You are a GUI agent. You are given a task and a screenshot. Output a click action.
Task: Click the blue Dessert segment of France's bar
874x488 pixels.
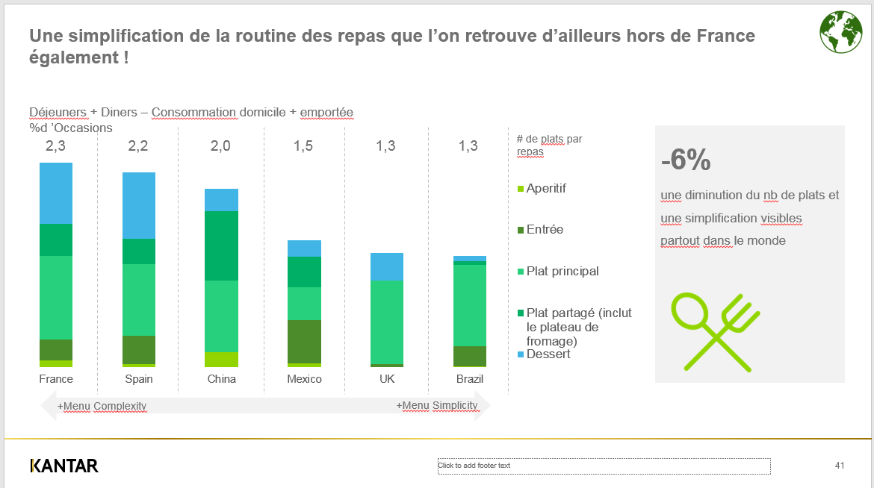56,193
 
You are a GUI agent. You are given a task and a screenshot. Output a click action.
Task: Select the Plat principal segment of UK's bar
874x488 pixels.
387,322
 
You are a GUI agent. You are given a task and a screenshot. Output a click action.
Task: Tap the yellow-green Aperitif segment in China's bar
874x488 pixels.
221,359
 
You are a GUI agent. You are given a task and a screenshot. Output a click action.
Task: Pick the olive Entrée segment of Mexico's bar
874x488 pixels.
304,341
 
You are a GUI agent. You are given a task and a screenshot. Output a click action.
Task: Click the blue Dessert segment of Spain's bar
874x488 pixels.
139,205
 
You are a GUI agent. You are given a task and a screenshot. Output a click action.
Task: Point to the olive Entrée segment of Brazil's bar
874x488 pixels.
470,356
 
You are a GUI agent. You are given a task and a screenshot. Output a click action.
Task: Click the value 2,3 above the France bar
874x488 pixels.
55,146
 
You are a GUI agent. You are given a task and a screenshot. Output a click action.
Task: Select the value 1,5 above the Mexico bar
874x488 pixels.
303,146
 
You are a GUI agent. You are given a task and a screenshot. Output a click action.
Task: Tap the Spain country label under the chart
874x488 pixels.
139,379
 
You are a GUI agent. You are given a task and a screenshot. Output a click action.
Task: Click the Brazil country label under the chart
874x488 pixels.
470,379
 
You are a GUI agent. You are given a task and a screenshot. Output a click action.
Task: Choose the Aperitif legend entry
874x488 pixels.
545,189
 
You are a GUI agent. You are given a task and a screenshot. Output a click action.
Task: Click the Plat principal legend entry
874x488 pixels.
562,272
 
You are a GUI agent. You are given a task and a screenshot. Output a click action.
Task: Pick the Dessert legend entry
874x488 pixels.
548,354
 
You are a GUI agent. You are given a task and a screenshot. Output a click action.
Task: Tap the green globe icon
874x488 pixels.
840,32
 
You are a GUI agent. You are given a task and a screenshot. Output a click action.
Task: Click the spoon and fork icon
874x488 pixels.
716,332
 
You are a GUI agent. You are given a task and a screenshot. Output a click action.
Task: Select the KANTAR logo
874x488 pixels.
64,466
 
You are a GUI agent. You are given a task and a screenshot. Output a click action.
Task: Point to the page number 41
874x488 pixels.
840,466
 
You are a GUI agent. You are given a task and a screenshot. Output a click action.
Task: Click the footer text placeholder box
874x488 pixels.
604,466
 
